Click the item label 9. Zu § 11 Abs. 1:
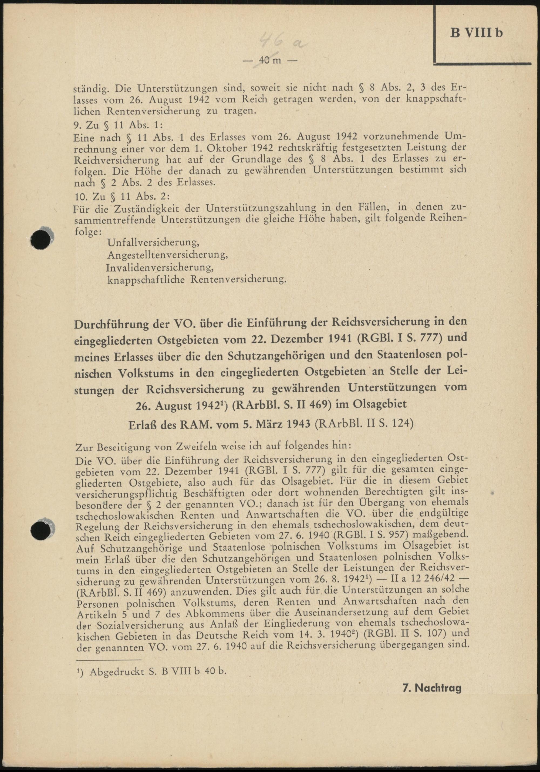(x=118, y=125)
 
